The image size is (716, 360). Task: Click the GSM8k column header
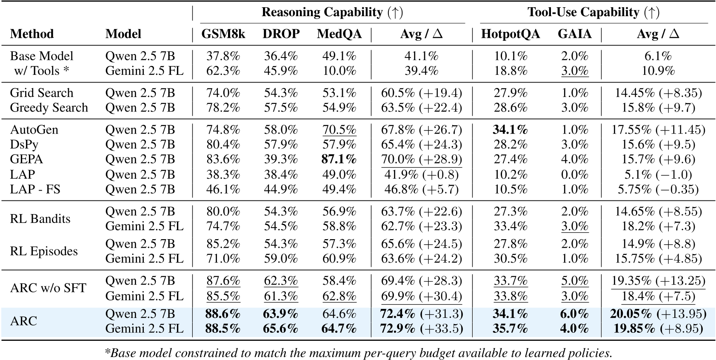point(223,34)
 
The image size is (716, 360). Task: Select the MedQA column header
point(339,34)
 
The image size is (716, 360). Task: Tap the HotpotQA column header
point(510,34)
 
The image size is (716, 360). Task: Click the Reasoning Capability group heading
point(332,12)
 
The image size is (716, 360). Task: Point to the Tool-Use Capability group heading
point(593,12)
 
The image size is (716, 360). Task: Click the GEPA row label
point(26,159)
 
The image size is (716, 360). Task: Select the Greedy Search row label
point(49,108)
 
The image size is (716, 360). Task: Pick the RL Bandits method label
point(40,219)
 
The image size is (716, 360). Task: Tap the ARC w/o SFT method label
point(48,288)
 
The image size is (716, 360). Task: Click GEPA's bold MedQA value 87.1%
point(339,159)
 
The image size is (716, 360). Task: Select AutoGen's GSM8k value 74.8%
point(223,130)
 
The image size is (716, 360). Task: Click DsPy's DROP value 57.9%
point(281,145)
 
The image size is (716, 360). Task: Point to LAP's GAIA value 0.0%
point(574,174)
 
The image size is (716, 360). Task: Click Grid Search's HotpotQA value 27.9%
point(510,93)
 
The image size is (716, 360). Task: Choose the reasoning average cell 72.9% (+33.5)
point(422,329)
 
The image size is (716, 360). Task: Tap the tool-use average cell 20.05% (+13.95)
point(658,314)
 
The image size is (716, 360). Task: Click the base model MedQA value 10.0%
point(339,71)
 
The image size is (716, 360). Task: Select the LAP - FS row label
point(35,189)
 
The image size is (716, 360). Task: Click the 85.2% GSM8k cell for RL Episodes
point(223,244)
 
